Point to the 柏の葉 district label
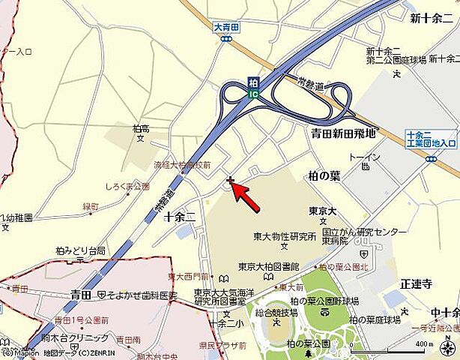click(324, 175)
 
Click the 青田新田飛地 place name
click(344, 133)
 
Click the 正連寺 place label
click(416, 283)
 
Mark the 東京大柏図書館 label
click(269, 266)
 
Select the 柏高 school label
click(139, 128)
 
